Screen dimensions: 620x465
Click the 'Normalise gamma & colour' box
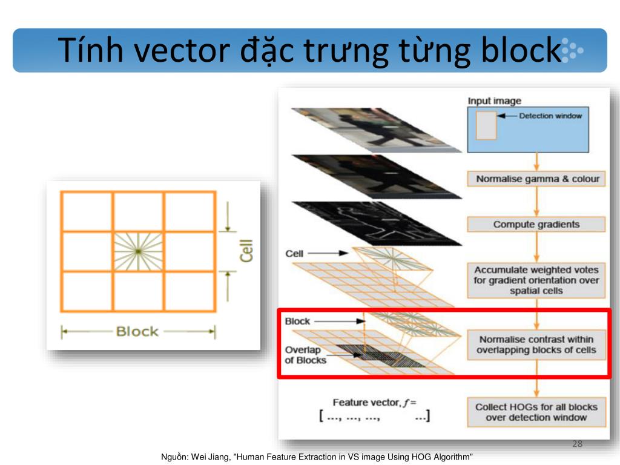click(x=536, y=179)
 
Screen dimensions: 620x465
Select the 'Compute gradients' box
click(x=536, y=224)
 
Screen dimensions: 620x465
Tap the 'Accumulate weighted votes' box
click(x=536, y=280)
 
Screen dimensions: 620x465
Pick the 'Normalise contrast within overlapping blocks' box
click(x=536, y=345)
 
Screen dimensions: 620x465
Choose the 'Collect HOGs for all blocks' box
click(x=536, y=412)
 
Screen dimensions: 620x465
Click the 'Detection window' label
click(x=550, y=116)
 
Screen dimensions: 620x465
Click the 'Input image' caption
click(x=494, y=101)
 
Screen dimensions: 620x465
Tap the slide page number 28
click(x=577, y=444)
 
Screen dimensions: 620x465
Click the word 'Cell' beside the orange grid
click(x=246, y=251)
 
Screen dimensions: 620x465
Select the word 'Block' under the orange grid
click(x=137, y=331)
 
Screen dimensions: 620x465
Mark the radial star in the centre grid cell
click(x=138, y=251)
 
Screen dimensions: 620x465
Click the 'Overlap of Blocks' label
click(x=305, y=355)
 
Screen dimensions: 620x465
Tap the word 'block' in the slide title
click(x=521, y=50)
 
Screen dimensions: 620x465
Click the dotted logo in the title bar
click(x=572, y=50)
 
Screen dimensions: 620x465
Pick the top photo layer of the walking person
click(x=375, y=128)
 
